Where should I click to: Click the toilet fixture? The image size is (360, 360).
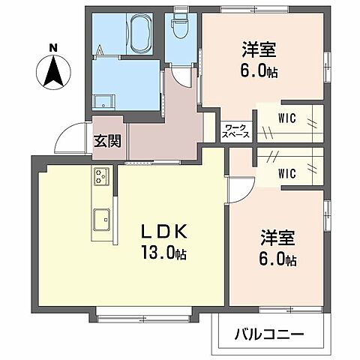tap(181, 28)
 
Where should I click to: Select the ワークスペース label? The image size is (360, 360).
tap(235, 130)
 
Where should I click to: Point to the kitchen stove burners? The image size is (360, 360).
tap(101, 178)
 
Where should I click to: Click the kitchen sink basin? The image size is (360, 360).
tap(101, 220)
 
